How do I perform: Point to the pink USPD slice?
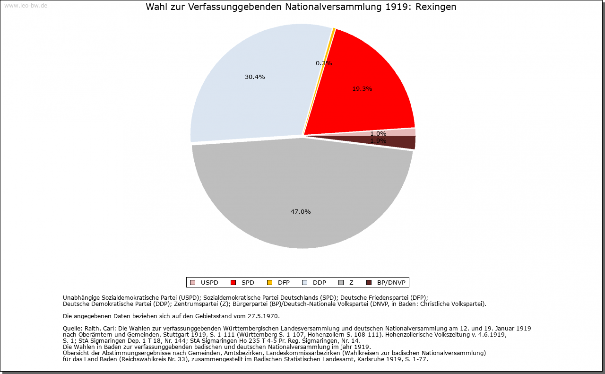point(406,132)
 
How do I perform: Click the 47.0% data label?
point(301,212)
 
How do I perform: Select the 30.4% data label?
point(255,77)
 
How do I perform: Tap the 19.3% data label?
point(362,88)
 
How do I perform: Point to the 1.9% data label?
point(378,140)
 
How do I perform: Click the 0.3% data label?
point(324,63)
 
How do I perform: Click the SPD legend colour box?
point(233,283)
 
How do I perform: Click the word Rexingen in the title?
point(436,7)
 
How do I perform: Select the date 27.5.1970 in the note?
point(263,316)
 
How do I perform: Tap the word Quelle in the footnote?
point(72,328)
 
